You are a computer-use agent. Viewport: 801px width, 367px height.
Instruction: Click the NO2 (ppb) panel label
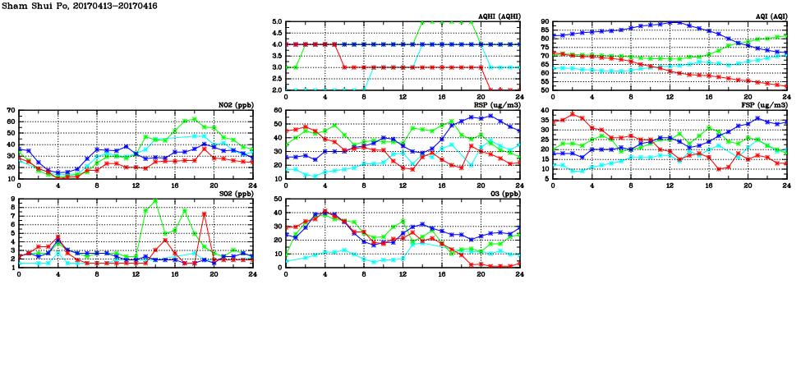235,105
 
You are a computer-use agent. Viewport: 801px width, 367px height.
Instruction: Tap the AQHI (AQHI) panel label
499,16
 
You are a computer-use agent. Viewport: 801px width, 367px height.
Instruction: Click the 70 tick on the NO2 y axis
10,110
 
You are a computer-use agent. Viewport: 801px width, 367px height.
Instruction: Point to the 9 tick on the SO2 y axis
12,199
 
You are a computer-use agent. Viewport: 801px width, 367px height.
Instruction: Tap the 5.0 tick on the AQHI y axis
277,22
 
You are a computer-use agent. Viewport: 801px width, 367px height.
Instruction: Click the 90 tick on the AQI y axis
544,22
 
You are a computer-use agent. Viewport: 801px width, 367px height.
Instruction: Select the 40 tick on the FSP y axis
544,110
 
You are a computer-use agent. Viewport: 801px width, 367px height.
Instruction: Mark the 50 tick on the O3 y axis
277,199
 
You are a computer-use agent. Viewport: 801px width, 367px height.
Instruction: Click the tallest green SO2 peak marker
155,200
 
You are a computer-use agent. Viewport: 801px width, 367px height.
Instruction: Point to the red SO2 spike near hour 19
204,214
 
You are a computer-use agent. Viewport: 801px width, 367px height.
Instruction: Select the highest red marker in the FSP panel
572,114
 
